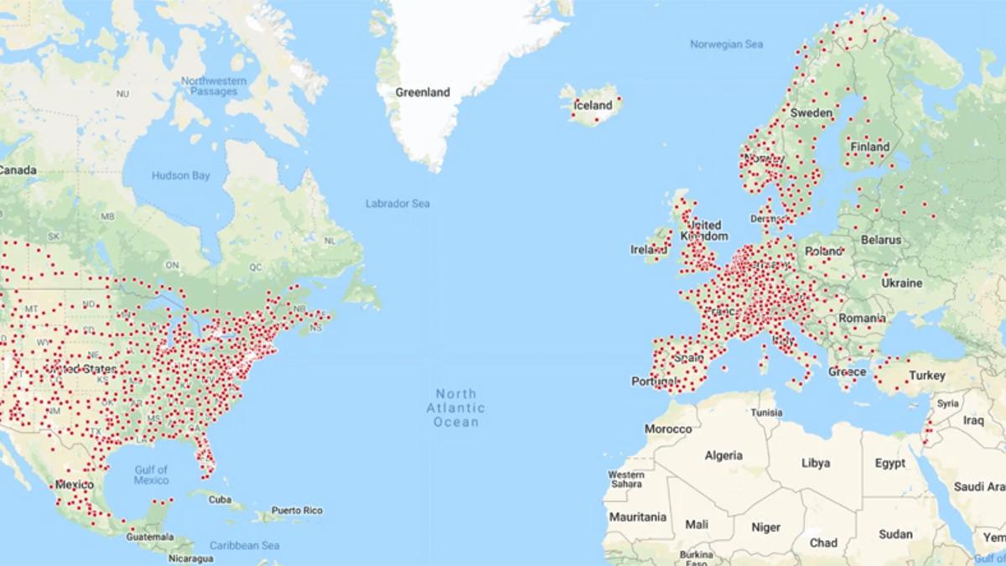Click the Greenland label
[423, 92]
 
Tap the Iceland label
[593, 106]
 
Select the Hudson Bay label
[181, 176]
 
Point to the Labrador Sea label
[397, 204]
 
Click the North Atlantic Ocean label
[456, 408]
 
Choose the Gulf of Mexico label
[151, 475]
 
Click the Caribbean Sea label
[245, 545]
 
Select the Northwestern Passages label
[214, 86]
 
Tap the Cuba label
[220, 500]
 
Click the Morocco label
[668, 429]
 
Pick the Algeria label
[723, 456]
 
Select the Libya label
[816, 463]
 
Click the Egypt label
[889, 463]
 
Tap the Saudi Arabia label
[979, 486]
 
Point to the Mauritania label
[637, 517]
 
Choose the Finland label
[870, 147]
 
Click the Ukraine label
[901, 283]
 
